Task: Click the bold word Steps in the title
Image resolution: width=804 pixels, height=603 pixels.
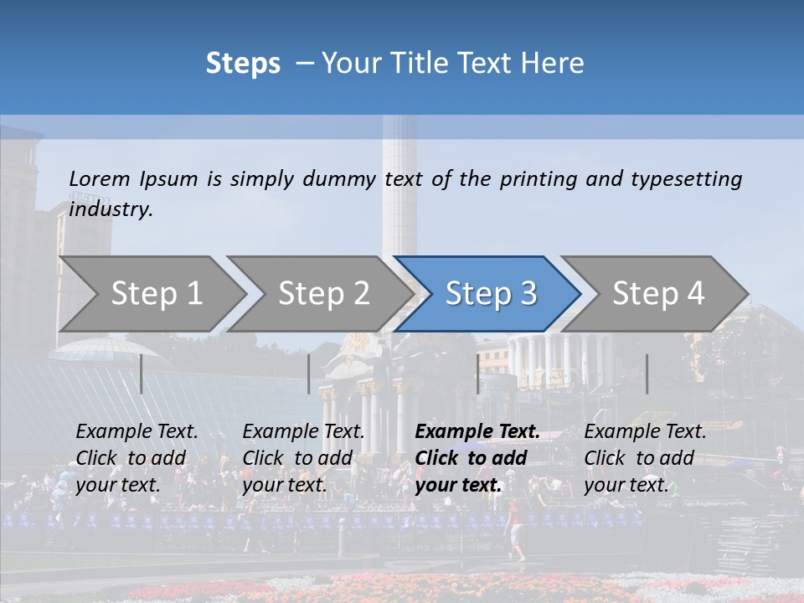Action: coord(243,64)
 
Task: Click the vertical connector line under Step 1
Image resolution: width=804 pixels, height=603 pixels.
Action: coord(142,374)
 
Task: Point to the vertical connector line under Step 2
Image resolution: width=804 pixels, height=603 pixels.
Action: coord(309,374)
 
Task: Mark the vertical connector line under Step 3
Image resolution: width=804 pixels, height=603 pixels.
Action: coord(478,374)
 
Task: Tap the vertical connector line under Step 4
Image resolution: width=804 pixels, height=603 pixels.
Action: coord(647,374)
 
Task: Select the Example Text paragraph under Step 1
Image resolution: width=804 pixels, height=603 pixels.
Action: coord(137,458)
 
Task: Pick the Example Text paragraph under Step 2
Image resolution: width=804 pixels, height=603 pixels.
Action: coord(304,458)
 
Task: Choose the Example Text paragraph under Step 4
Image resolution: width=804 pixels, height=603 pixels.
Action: coord(645,458)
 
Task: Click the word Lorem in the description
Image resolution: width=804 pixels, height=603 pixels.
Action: coord(100,178)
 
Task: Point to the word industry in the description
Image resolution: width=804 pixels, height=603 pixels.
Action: coord(111,209)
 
